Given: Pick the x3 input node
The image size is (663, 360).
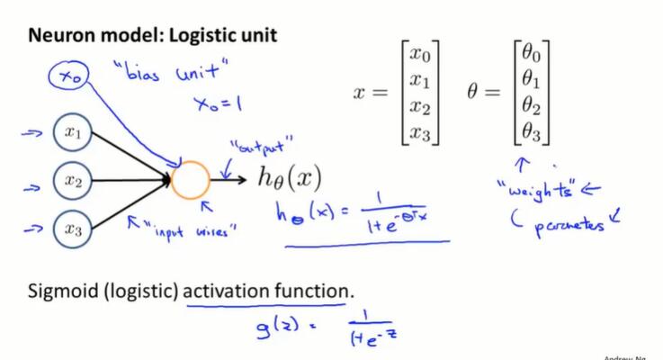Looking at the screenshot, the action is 73,229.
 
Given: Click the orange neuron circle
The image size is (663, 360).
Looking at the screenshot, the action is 191,180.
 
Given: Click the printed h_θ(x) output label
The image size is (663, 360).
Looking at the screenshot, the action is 289,179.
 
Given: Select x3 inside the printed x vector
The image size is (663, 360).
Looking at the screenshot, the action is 419,134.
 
